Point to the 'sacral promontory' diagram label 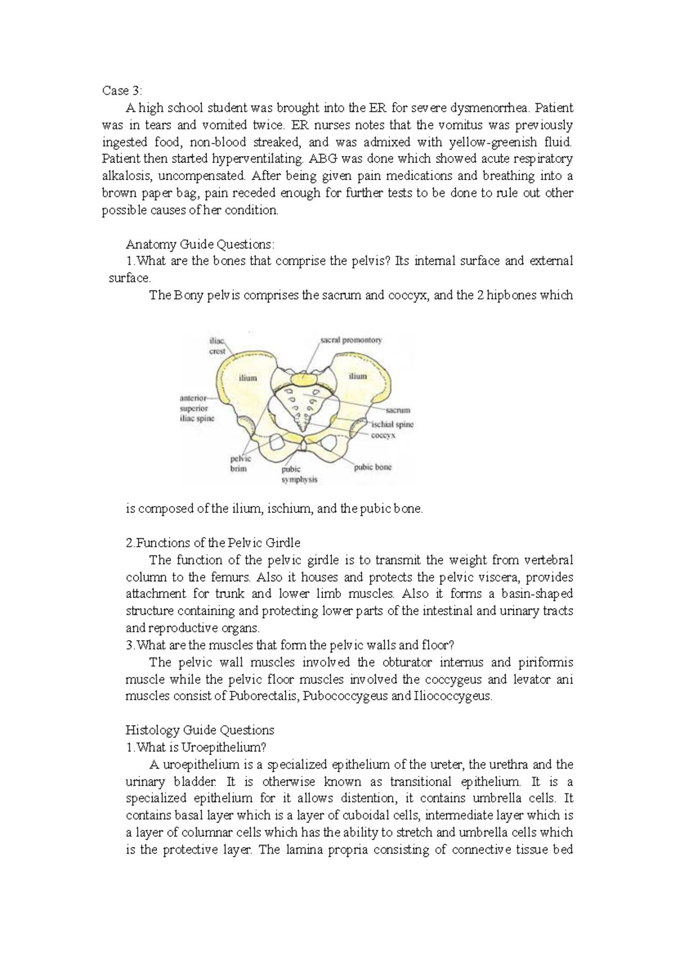351,340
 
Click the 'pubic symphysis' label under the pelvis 299,474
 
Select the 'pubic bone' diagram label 372,467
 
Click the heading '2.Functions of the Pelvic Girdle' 213,543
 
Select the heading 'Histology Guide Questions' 200,730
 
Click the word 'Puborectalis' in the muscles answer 264,696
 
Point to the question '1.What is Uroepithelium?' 195,747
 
